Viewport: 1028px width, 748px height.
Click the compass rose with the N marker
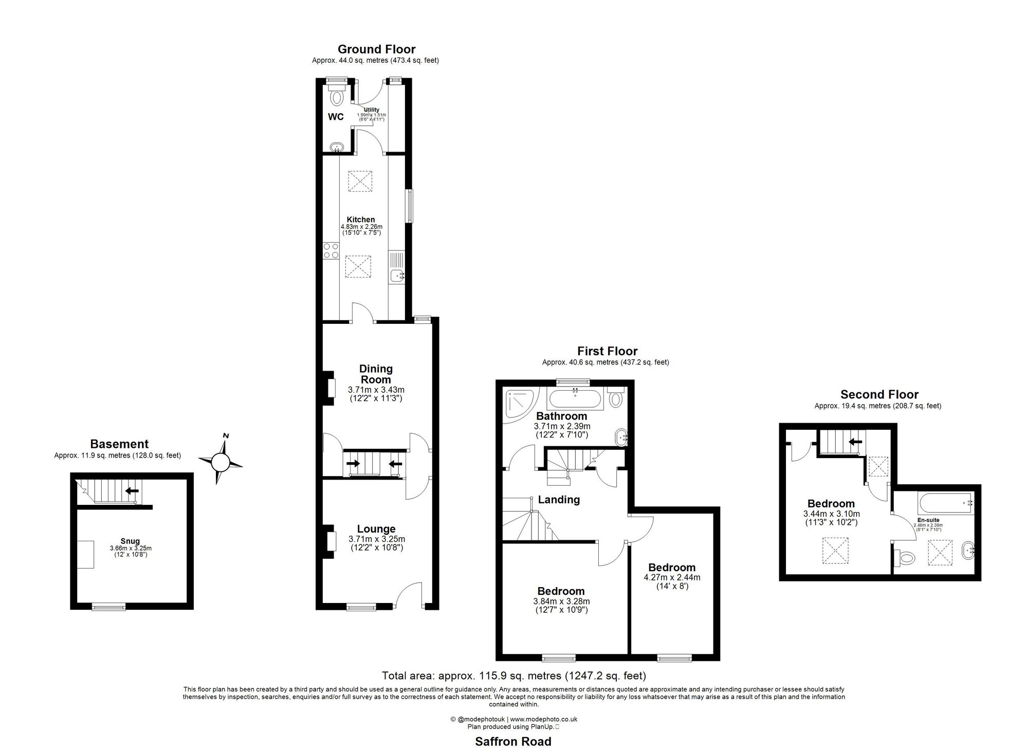click(x=221, y=462)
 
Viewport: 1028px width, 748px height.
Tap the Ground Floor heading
click(x=376, y=49)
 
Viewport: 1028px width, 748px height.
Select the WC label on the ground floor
click(x=336, y=117)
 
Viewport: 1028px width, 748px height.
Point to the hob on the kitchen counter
click(x=330, y=251)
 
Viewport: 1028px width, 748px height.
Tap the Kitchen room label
click(x=361, y=220)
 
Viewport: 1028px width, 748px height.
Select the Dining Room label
click(x=376, y=374)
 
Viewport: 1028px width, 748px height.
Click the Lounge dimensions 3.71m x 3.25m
click(x=377, y=539)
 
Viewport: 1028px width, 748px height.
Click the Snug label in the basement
click(x=131, y=541)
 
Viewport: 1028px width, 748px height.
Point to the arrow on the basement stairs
click(x=132, y=490)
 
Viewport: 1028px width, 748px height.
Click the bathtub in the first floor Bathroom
click(x=574, y=399)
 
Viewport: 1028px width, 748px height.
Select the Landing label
click(x=559, y=500)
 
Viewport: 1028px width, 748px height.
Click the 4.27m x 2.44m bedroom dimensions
click(x=672, y=577)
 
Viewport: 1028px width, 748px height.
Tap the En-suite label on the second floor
click(x=928, y=520)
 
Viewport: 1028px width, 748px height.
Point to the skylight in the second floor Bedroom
click(x=835, y=550)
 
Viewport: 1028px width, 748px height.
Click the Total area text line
click(x=513, y=676)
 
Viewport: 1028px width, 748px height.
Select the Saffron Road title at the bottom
click(x=513, y=741)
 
